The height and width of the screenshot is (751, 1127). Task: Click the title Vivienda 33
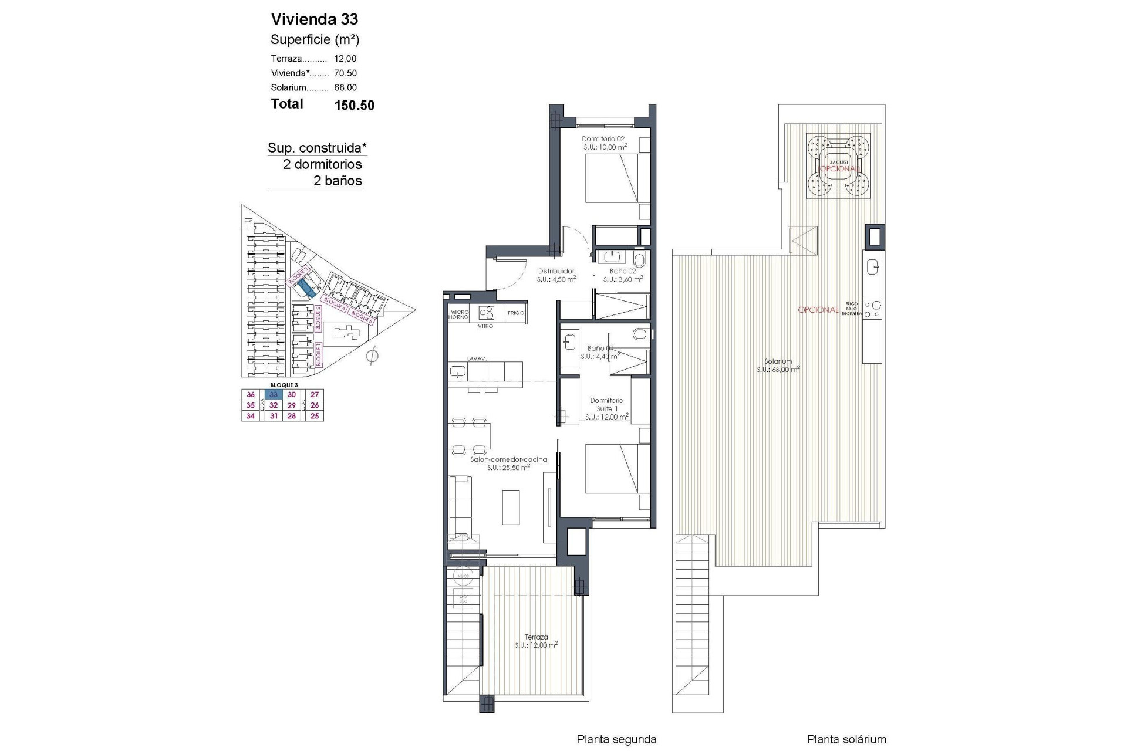click(314, 19)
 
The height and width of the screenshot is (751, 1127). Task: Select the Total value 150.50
click(354, 106)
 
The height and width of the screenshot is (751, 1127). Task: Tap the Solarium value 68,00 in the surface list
click(345, 87)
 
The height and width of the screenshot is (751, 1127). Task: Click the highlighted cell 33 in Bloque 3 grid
click(274, 395)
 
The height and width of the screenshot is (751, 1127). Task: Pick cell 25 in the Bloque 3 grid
click(315, 416)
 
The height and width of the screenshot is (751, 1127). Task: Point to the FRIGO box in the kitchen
click(516, 313)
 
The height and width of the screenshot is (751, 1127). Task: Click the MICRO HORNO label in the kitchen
click(458, 314)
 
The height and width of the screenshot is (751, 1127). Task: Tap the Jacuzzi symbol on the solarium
click(838, 165)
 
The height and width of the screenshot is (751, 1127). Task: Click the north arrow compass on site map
click(372, 356)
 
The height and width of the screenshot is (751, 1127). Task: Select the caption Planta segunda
click(616, 739)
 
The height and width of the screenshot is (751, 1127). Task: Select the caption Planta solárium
click(846, 739)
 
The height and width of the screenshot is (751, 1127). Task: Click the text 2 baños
click(338, 181)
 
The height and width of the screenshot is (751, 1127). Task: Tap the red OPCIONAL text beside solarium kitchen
click(818, 310)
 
